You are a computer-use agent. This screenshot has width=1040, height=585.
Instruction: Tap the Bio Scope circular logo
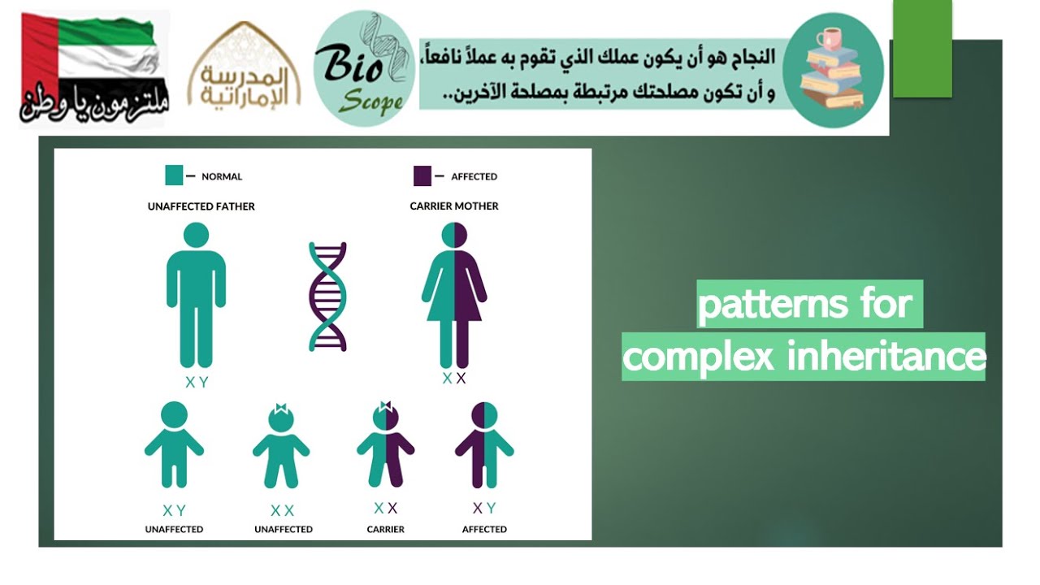click(x=364, y=70)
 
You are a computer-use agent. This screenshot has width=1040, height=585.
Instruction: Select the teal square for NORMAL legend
click(x=174, y=175)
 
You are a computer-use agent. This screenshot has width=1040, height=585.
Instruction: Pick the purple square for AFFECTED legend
click(x=422, y=175)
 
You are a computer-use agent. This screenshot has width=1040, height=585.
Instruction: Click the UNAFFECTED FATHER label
click(x=201, y=206)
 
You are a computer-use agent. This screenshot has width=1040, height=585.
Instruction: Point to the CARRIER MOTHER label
click(x=454, y=206)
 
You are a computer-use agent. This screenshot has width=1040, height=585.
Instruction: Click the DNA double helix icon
click(x=327, y=296)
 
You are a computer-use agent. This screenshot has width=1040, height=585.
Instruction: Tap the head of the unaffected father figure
click(x=196, y=235)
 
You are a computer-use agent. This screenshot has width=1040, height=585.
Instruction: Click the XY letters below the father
click(x=197, y=383)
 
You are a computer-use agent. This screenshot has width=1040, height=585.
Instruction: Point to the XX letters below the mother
click(x=454, y=379)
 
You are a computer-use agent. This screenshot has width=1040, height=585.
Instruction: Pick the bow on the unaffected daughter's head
click(x=281, y=408)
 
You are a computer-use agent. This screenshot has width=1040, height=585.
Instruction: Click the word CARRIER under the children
click(x=385, y=530)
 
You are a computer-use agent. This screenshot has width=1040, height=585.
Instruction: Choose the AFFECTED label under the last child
click(x=484, y=530)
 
